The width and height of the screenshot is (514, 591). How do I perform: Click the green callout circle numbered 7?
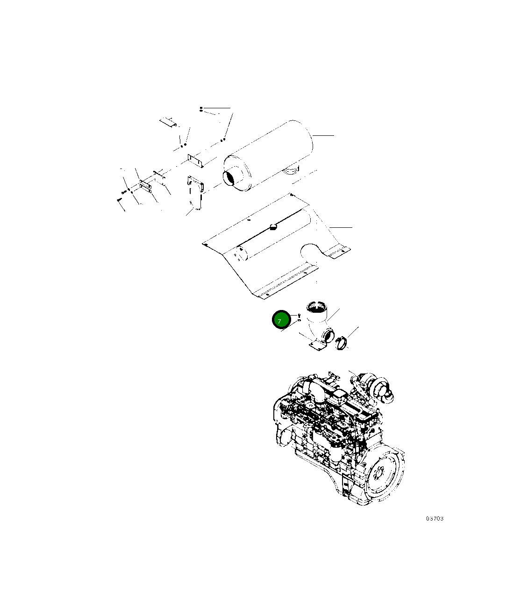click(x=281, y=319)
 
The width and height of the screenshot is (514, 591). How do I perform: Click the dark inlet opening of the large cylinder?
click(x=230, y=179)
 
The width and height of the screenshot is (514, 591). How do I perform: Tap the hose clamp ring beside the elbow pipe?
click(x=342, y=344)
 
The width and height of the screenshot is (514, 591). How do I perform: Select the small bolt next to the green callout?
click(x=299, y=316)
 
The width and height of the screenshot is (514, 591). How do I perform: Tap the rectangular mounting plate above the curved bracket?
click(x=196, y=161)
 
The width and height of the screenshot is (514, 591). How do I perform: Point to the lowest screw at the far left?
click(x=119, y=199)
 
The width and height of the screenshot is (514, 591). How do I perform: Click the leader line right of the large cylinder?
click(x=323, y=135)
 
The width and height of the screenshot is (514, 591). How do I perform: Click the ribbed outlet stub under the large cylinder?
click(x=291, y=170)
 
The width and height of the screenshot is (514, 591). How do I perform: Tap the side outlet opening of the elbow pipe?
click(x=329, y=336)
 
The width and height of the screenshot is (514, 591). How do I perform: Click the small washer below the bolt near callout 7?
click(x=299, y=320)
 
